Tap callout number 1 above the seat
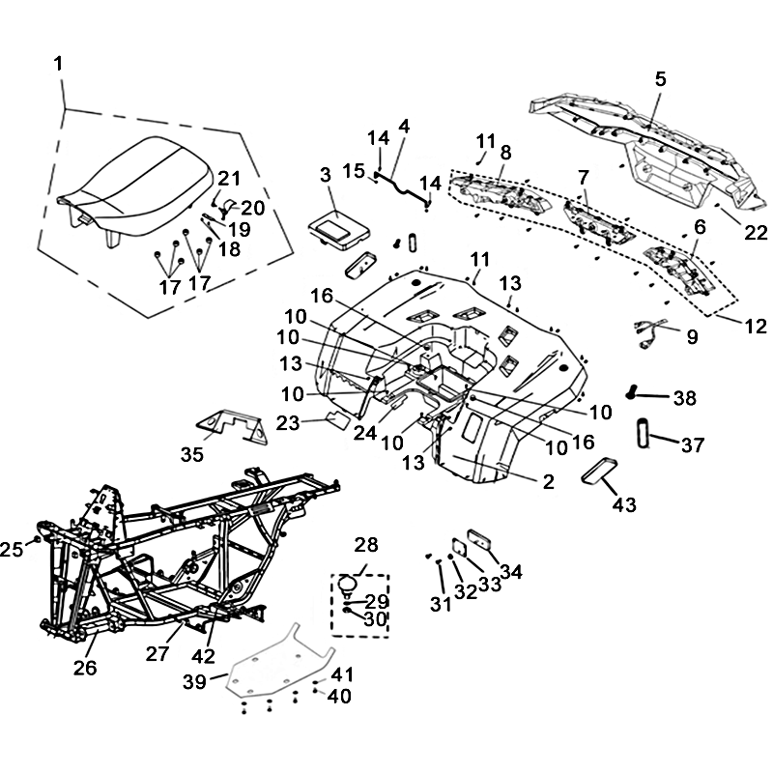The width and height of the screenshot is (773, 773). (59, 65)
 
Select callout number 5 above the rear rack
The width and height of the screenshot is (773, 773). (660, 81)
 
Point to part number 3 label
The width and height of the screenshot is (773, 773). (326, 175)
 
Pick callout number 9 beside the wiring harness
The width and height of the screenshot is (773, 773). (692, 337)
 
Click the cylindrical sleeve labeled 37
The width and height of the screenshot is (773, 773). (643, 430)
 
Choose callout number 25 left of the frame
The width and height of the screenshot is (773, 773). (12, 549)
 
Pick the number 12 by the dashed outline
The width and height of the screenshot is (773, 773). (756, 327)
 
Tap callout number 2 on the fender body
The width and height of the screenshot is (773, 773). (548, 482)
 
